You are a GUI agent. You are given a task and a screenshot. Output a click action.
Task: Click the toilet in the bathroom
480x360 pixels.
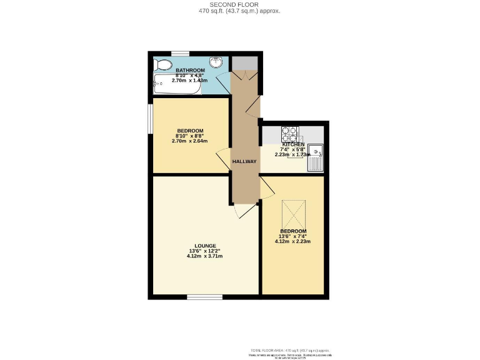click(x=164, y=64)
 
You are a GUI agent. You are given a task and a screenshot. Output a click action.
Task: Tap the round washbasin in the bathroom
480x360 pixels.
click(x=216, y=62)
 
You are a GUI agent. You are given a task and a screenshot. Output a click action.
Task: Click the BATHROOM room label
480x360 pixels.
click(x=191, y=70)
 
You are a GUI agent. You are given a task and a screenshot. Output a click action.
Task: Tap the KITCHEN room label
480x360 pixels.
click(x=293, y=144)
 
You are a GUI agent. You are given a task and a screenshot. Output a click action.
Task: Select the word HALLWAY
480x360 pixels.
click(x=244, y=162)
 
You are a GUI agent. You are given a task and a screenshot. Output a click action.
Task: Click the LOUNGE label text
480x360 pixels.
click(x=205, y=246)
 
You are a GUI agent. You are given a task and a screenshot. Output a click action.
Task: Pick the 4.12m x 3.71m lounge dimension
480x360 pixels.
click(x=205, y=256)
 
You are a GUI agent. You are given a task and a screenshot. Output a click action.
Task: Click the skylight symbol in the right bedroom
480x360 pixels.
click(x=292, y=215)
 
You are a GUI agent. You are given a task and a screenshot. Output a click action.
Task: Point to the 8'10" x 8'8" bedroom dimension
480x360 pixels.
click(x=191, y=136)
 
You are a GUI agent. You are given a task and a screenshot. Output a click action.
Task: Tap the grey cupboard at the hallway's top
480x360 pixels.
click(x=245, y=62)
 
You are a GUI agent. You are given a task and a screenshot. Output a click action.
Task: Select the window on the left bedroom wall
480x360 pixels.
click(x=150, y=117)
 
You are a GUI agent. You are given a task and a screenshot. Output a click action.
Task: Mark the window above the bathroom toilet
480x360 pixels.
click(x=181, y=53)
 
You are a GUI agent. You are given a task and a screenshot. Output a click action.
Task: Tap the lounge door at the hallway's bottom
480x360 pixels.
click(x=240, y=212)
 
